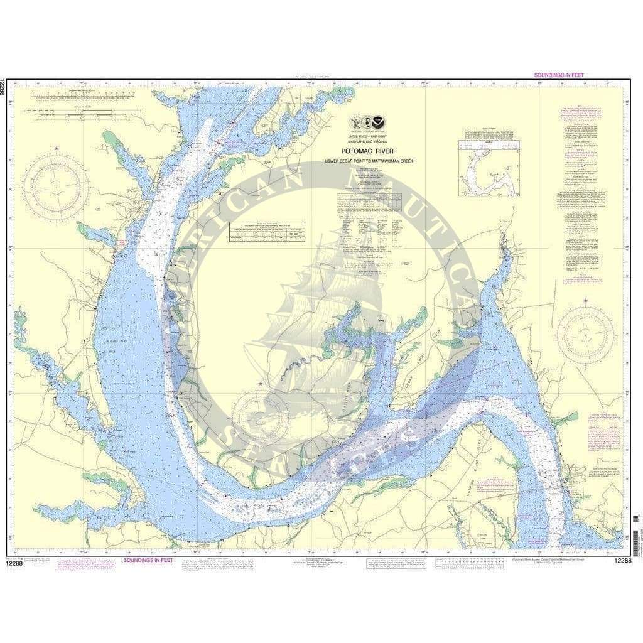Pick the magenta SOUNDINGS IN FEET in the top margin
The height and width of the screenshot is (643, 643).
[558, 75]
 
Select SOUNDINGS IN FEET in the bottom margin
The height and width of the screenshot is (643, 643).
[148, 559]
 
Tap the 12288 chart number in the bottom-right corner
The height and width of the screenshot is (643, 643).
[624, 560]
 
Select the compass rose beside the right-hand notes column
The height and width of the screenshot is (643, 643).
[585, 334]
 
